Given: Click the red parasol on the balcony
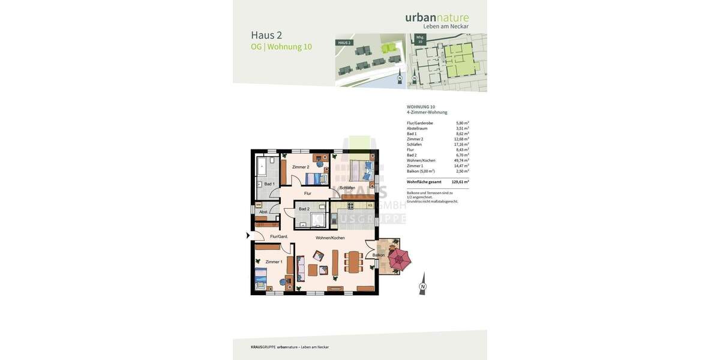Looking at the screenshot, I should [399, 259].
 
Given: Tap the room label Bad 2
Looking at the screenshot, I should [304, 209].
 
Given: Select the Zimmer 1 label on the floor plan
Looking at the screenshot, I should [274, 262].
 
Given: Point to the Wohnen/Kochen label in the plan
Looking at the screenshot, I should [330, 238].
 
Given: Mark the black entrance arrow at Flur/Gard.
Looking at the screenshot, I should [248, 236].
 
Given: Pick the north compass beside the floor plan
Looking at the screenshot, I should [422, 284].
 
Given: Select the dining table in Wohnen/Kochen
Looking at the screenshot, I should [353, 262].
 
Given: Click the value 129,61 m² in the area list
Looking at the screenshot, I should [460, 182].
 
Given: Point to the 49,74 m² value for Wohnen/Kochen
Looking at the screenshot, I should [461, 160].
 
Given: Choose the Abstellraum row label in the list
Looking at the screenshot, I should [417, 128].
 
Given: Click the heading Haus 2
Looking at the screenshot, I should [266, 35].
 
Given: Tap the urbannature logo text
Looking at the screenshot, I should [437, 17].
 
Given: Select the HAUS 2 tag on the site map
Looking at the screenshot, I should [344, 43].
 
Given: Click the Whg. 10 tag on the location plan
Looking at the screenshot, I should [420, 39].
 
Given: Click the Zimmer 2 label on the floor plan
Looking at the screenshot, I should [301, 167].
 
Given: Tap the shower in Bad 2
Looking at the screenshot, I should [318, 220].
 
